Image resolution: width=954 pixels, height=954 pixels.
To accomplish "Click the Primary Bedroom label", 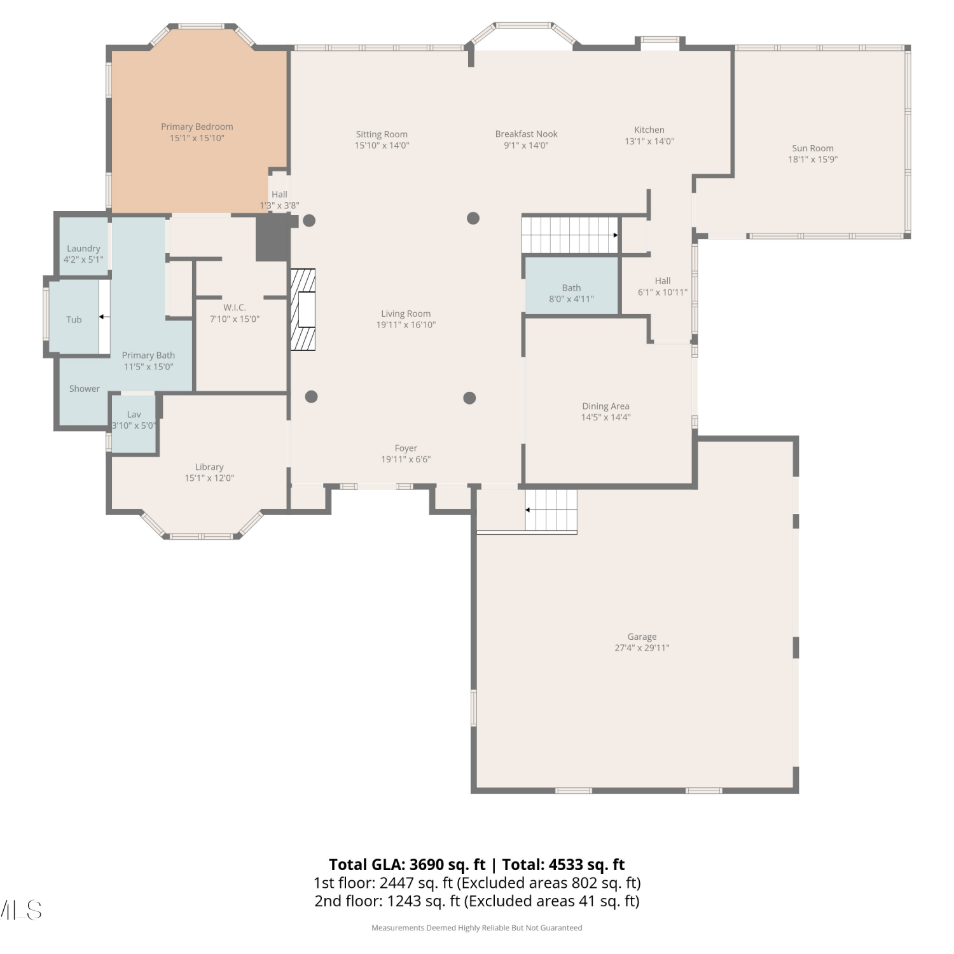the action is tap(197, 127).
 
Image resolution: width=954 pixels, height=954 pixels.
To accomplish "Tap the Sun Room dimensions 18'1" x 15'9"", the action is tap(813, 160).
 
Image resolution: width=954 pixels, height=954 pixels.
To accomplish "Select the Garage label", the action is tap(642, 637).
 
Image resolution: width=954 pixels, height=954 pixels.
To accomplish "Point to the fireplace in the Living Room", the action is tap(303, 309).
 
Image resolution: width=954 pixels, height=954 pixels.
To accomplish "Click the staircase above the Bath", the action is tap(570, 235).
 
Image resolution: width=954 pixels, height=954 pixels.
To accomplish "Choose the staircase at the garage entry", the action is tap(551, 510).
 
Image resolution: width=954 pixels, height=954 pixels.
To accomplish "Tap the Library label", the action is tap(209, 467).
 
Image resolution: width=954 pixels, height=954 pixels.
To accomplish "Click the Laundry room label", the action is tap(83, 249).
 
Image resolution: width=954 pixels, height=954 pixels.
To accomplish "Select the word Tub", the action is tap(74, 320).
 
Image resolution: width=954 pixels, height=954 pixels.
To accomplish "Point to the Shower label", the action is tap(85, 389).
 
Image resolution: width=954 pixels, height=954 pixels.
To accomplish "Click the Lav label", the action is tap(134, 415).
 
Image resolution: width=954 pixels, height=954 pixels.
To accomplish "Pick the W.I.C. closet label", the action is tap(235, 308).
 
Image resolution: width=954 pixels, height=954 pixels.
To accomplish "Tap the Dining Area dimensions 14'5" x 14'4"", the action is tap(605, 417).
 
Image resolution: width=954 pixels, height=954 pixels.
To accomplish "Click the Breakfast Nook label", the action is tap(527, 134).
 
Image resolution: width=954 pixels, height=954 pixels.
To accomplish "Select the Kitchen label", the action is tap(649, 130).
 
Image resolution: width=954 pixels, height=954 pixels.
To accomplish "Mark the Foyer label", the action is tap(406, 448).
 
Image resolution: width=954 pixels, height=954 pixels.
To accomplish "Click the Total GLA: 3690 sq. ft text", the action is tap(407, 865).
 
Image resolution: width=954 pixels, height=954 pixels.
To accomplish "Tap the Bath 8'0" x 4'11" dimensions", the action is tap(571, 299).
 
